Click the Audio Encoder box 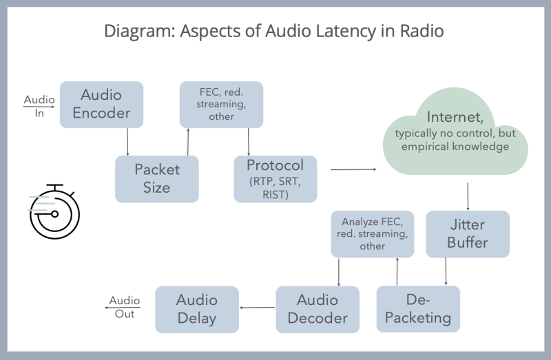[x=101, y=104]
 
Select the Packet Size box [x=156, y=178]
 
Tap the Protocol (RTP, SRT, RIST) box [x=275, y=178]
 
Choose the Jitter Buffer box [x=468, y=234]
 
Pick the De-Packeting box [x=417, y=309]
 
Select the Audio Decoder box [x=318, y=309]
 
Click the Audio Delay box [x=196, y=309]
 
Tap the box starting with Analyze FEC [x=373, y=234]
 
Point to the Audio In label [x=39, y=106]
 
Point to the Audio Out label [x=125, y=307]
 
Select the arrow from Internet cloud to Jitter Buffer [x=468, y=196]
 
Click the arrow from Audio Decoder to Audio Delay [x=258, y=308]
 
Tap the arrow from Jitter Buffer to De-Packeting [x=447, y=271]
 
